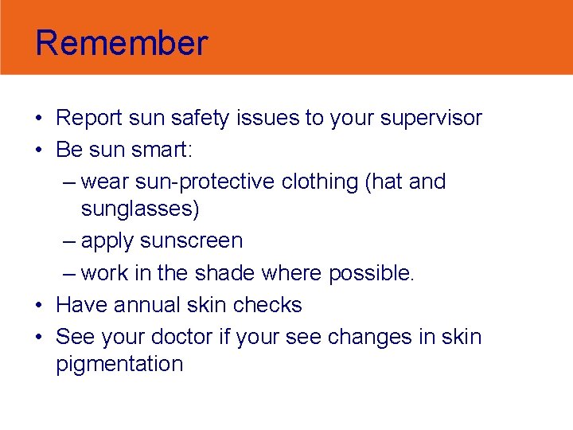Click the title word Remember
click(121, 43)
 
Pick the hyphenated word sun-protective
click(178, 182)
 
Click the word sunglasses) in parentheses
click(140, 210)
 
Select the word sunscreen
click(191, 241)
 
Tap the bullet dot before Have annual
click(39, 306)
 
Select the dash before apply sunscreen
click(70, 241)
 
